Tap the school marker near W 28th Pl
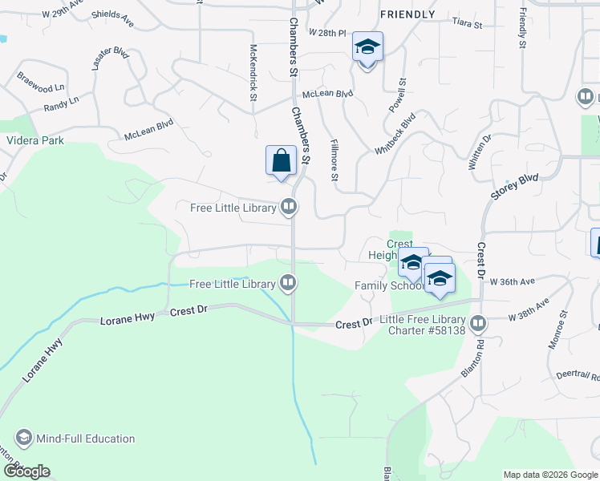[367, 47]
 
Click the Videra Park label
[34, 140]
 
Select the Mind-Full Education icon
[23, 439]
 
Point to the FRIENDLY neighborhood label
[407, 14]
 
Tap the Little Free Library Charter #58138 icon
[479, 324]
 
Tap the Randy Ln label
[61, 103]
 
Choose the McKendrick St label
[253, 72]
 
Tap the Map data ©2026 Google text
[549, 475]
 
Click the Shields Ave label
[112, 14]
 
